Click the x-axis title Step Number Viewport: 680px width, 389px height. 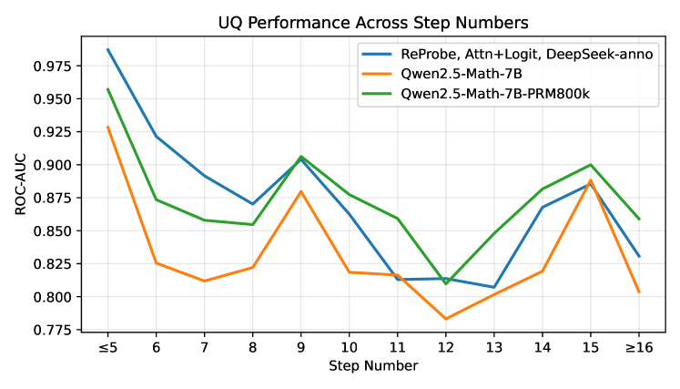click(373, 365)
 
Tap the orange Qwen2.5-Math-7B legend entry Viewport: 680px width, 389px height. click(463, 74)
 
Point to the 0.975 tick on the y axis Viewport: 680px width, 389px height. click(56, 67)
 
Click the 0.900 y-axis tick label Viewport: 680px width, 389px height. click(56, 165)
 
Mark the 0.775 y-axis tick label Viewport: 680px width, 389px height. click(56, 330)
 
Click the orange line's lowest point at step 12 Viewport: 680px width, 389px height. click(445, 319)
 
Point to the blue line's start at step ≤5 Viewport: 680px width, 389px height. click(107, 49)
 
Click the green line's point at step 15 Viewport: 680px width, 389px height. click(590, 165)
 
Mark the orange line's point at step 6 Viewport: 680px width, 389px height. click(156, 263)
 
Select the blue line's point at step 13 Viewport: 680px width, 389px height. click(493, 287)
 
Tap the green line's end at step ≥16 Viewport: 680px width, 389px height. click(638, 219)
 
